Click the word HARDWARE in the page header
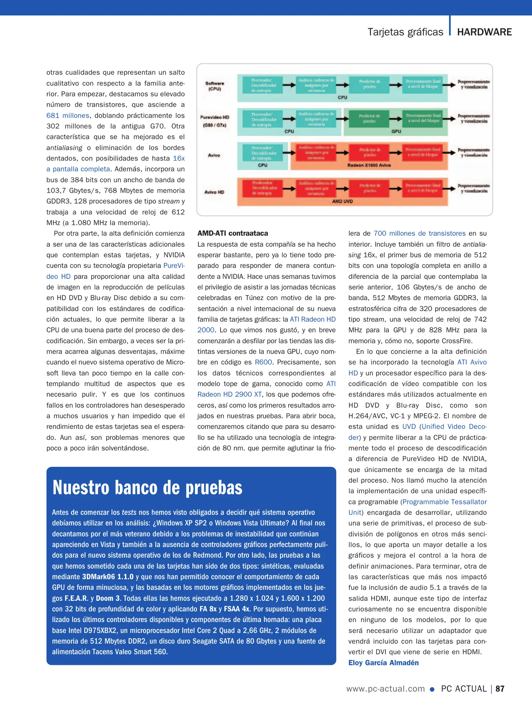pos(484,32)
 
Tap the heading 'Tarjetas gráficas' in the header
pos(405,32)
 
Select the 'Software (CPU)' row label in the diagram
pos(215,86)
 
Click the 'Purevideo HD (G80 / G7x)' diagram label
pos(215,121)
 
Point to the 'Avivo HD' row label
pos(214,192)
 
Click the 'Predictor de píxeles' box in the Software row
pos(369,84)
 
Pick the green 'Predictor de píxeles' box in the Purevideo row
pos(369,118)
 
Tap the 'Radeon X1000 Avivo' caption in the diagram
pos(369,165)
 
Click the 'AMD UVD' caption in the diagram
pos(342,201)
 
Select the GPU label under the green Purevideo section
pos(396,131)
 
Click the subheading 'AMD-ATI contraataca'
pos(232,233)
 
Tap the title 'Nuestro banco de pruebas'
pos(147,487)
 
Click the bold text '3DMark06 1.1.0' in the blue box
pos(108,577)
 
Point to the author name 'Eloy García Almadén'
pos(383,662)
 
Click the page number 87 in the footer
pos(500,689)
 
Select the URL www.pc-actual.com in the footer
pos(385,689)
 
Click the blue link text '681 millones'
pos(68,115)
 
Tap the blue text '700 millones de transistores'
pos(419,233)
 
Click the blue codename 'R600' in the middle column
pos(263,362)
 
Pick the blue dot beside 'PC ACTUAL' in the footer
pos(432,689)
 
